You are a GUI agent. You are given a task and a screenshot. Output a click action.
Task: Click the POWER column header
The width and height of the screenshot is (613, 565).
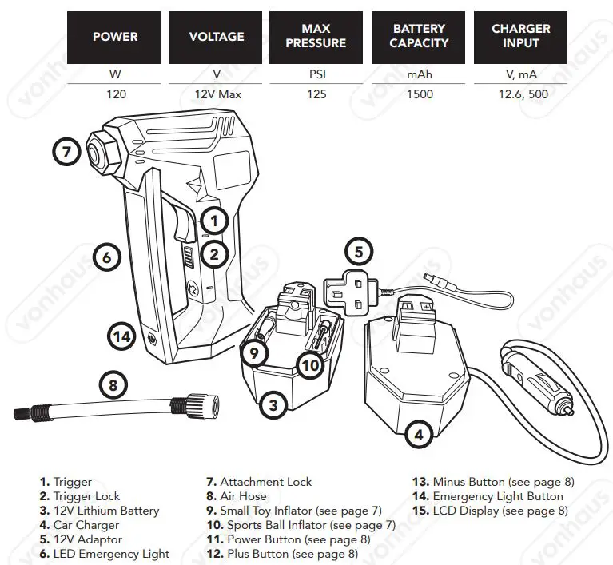point(115,37)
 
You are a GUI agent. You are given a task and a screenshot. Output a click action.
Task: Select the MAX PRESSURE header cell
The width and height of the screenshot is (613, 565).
point(316,37)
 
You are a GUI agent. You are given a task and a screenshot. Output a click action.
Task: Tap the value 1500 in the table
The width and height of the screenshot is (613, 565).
point(419,94)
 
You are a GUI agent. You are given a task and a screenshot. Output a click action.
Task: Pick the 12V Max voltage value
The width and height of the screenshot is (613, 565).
point(216,94)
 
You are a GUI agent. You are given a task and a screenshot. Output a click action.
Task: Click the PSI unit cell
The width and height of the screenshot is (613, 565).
point(316,74)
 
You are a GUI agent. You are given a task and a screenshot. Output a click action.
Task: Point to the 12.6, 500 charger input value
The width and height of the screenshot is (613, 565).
point(520,94)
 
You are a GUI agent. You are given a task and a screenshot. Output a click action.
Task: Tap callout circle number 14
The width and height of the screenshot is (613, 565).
point(121,337)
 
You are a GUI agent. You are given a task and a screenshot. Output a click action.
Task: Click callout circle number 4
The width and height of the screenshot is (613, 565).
point(420,435)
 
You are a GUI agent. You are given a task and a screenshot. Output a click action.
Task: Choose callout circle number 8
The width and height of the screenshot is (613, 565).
point(113,386)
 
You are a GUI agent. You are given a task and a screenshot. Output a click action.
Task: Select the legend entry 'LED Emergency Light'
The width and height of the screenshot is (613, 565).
point(111,554)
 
